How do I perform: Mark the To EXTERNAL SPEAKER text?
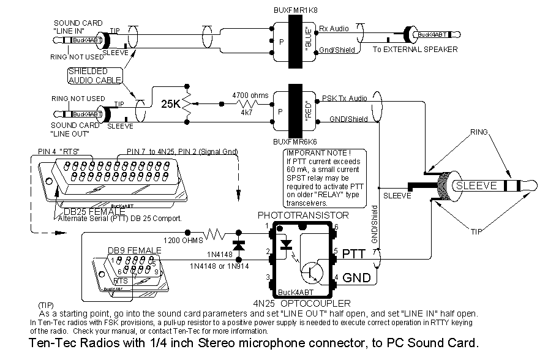pyautogui.click(x=415, y=50)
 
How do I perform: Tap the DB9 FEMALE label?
pyautogui.click(x=134, y=250)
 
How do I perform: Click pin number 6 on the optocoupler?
pyautogui.click(x=336, y=227)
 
